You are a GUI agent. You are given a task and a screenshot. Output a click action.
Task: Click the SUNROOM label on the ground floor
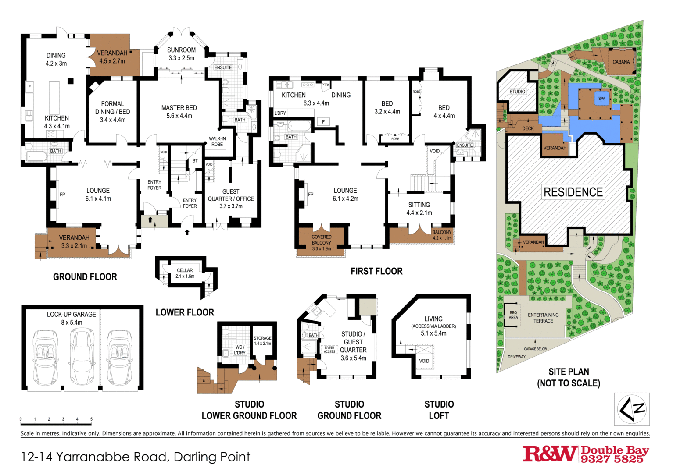(181, 50)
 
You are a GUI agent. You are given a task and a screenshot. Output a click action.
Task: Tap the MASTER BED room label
(179, 108)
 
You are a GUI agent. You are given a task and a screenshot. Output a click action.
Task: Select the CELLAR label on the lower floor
(185, 270)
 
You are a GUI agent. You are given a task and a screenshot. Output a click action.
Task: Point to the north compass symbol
(632, 409)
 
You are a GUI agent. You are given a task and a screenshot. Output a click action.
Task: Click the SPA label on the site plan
(601, 99)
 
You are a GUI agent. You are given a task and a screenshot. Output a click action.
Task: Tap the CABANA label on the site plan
(621, 62)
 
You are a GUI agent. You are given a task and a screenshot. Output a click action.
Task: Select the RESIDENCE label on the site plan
(573, 192)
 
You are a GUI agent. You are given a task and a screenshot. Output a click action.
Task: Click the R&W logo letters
(549, 454)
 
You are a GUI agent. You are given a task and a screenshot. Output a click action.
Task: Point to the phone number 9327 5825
(612, 459)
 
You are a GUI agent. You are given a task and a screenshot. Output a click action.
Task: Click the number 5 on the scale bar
(91, 419)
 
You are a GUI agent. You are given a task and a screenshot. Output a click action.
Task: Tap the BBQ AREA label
(513, 315)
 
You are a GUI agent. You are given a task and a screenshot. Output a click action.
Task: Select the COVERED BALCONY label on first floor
(322, 240)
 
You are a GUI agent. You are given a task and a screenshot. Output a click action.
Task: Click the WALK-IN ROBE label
(217, 142)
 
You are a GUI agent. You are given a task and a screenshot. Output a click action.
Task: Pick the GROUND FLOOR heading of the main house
(85, 277)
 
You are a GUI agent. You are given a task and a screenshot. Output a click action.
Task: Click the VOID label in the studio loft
(424, 361)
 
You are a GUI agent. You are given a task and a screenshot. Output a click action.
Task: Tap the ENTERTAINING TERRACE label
(543, 318)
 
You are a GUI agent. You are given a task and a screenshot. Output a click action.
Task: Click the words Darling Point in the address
(211, 457)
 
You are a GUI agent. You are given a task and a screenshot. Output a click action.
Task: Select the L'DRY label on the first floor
(280, 113)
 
